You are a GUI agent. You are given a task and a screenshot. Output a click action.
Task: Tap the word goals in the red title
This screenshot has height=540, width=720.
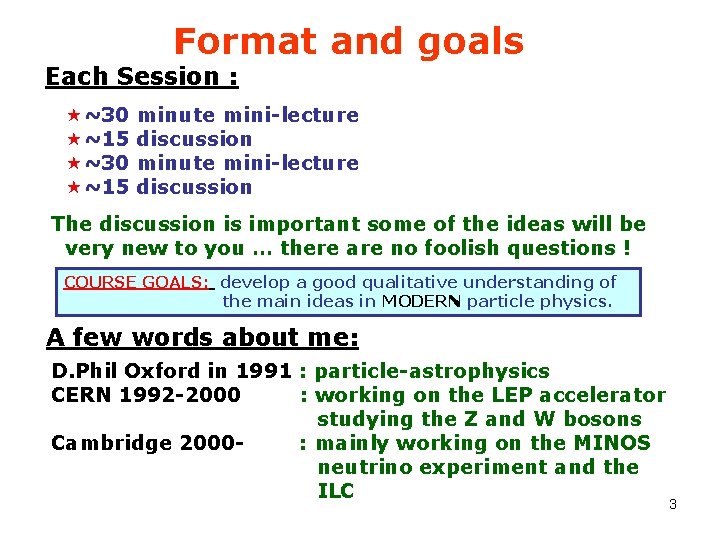pyautogui.click(x=469, y=42)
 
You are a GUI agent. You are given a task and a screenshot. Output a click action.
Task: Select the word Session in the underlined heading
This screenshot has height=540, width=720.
pyautogui.click(x=167, y=77)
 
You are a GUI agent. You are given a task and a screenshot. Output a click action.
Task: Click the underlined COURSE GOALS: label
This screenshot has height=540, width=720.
pyautogui.click(x=137, y=282)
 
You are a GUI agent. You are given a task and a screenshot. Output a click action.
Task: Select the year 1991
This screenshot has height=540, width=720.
pyautogui.click(x=263, y=371)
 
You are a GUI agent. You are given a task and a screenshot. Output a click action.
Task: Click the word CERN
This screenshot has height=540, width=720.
pyautogui.click(x=83, y=395)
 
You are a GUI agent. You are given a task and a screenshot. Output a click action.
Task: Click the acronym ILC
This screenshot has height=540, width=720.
pyautogui.click(x=336, y=491)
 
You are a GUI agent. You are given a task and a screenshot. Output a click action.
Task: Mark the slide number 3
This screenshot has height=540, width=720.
pyautogui.click(x=673, y=504)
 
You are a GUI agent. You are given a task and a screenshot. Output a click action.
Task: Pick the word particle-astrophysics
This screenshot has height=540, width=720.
pyautogui.click(x=432, y=371)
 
